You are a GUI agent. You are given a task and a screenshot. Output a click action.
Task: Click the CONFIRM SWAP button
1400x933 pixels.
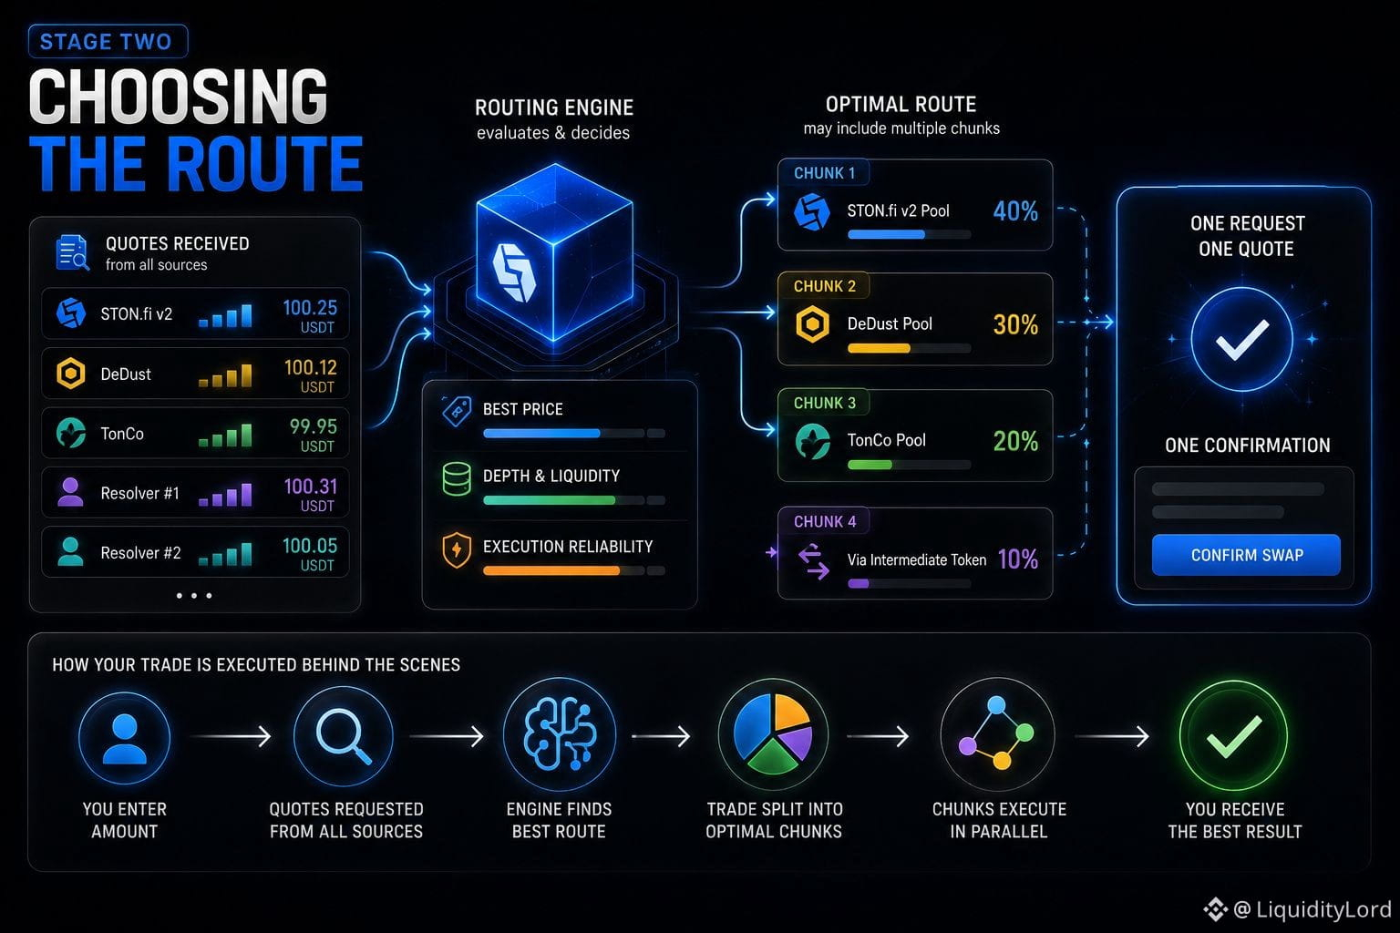click(1246, 554)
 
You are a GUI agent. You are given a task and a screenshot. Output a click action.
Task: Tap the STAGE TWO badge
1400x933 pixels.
click(108, 41)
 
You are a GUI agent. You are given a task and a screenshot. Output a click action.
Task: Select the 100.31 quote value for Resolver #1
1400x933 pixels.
click(310, 487)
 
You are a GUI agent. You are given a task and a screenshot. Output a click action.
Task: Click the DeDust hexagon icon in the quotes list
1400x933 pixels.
click(70, 374)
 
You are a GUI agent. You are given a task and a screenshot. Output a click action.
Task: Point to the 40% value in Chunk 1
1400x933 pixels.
click(1015, 211)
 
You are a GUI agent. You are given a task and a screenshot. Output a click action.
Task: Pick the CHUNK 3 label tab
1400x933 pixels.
click(824, 403)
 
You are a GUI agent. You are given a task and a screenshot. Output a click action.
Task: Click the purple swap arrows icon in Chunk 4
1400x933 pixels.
click(813, 560)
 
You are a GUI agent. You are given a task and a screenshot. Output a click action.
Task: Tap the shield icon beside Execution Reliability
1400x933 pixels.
click(457, 550)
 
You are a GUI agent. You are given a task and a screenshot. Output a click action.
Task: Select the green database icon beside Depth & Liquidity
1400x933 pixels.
click(457, 478)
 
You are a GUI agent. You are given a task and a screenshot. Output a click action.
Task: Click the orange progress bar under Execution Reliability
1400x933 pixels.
click(551, 570)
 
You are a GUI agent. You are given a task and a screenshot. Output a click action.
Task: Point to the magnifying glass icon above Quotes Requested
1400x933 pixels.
click(343, 736)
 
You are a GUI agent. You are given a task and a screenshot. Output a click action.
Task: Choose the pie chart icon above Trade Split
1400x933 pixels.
click(773, 735)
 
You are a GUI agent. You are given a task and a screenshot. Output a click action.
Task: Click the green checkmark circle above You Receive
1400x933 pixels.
click(1234, 736)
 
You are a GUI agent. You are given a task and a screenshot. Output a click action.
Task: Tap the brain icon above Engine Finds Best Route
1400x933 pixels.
click(560, 734)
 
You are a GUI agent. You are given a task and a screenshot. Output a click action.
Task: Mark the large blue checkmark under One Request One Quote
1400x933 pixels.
click(1242, 339)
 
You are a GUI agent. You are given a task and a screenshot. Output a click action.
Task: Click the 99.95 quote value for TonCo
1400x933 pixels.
click(314, 426)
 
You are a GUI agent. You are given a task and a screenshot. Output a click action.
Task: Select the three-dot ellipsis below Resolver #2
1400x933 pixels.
click(194, 596)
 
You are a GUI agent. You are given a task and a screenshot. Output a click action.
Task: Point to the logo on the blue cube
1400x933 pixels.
click(514, 273)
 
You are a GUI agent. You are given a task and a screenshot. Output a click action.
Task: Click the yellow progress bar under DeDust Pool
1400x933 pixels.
click(879, 348)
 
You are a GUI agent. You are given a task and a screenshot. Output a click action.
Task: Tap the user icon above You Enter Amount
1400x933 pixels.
click(124, 738)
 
